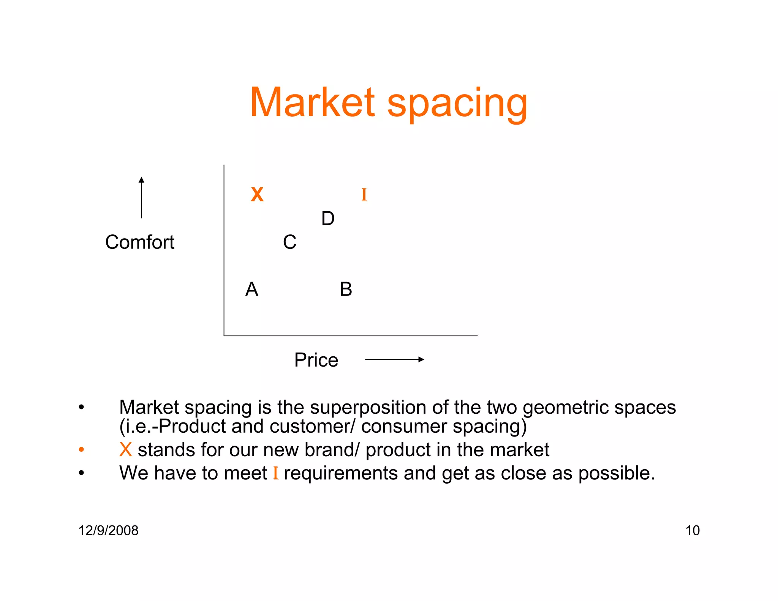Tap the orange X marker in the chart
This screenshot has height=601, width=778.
click(257, 195)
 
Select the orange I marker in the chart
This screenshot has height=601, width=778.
click(364, 195)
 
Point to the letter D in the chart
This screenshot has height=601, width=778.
click(328, 218)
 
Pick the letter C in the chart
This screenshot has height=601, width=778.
click(289, 242)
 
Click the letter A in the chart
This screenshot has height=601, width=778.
click(251, 289)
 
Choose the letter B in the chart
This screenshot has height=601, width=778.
click(346, 289)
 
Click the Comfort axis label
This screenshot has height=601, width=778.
click(139, 242)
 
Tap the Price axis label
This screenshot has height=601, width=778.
click(316, 360)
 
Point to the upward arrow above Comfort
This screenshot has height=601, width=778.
click(141, 197)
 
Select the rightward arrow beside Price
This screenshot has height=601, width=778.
click(394, 359)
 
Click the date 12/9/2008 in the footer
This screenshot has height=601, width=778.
click(108, 530)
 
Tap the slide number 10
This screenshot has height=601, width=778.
click(692, 530)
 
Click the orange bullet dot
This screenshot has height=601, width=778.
click(81, 450)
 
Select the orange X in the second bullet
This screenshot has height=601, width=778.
click(125, 450)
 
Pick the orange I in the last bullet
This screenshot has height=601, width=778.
click(276, 473)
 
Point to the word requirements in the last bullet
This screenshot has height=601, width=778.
click(341, 473)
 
